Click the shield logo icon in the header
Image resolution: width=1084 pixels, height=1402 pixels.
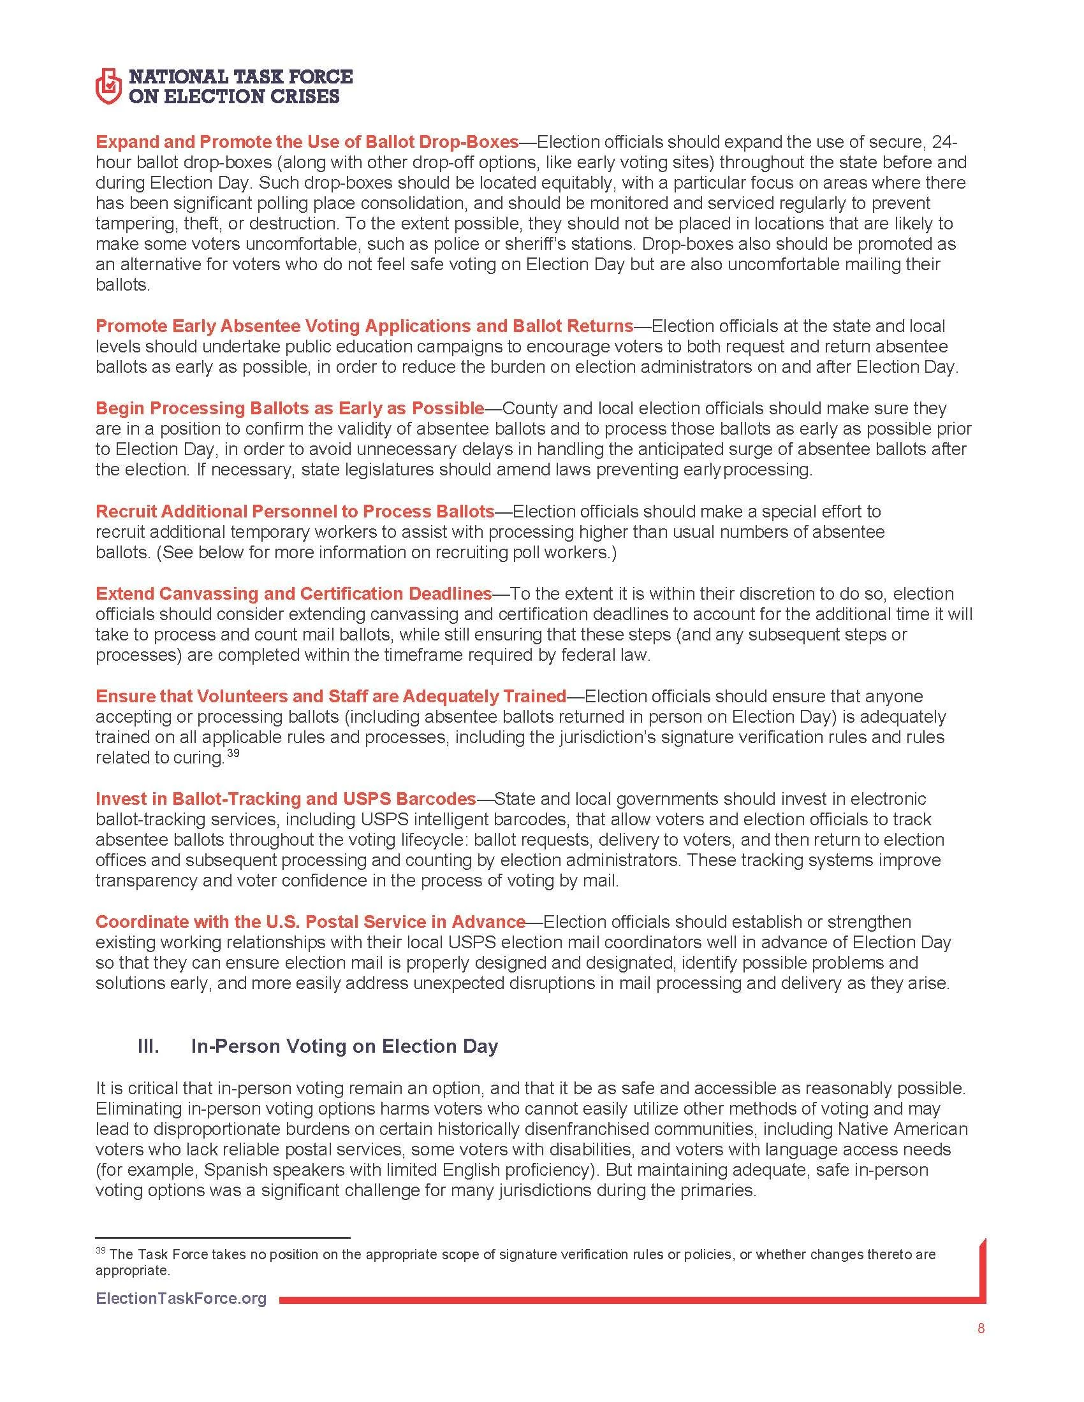[x=108, y=87]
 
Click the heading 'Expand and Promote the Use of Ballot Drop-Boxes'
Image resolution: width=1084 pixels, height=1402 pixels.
[x=307, y=141]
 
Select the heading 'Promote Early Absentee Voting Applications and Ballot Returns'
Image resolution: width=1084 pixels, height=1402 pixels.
[x=364, y=326]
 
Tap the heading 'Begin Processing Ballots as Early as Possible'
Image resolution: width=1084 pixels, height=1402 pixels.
[x=289, y=408]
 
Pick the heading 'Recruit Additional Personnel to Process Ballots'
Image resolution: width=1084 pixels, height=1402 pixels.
[x=295, y=511]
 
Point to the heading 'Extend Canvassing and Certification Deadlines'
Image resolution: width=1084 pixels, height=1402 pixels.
[x=293, y=593]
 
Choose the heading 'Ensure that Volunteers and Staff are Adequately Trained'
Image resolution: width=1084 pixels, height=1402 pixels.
[x=331, y=696]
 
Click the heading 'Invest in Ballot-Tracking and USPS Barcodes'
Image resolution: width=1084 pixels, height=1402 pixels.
[x=286, y=799]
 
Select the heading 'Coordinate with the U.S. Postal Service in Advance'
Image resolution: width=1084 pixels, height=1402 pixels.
[x=310, y=922]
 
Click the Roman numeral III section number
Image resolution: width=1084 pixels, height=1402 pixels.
[x=149, y=1046]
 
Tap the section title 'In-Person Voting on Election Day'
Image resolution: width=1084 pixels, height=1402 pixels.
[x=344, y=1046]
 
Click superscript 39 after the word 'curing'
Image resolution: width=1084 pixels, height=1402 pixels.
[x=233, y=754]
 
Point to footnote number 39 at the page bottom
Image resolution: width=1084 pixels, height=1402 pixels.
[x=100, y=1250]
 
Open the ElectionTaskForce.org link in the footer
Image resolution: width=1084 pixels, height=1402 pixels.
[x=180, y=1299]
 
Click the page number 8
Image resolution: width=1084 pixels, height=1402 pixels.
[x=981, y=1328]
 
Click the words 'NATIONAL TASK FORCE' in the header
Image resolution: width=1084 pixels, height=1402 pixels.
[x=241, y=77]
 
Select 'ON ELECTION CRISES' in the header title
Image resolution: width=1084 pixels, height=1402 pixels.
[x=235, y=97]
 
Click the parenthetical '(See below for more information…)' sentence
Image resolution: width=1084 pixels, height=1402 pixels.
[x=386, y=552]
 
